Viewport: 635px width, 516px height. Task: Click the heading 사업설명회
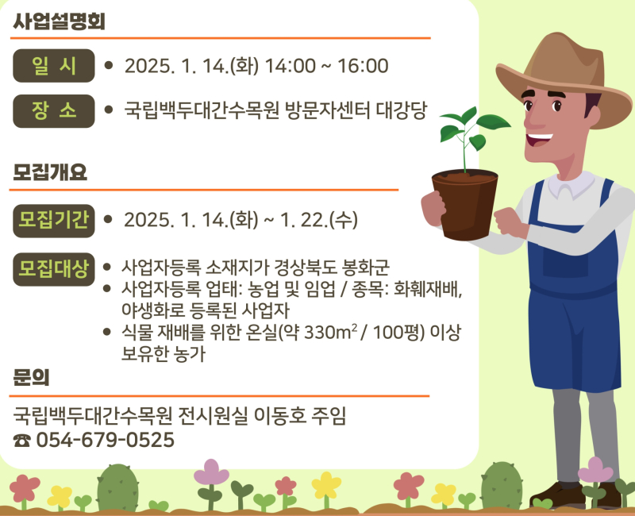pyautogui.click(x=59, y=21)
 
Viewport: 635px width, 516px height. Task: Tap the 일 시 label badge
pyautogui.click(x=54, y=66)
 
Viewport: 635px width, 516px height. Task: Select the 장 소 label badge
pyautogui.click(x=54, y=111)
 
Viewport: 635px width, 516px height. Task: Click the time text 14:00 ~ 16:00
pyautogui.click(x=326, y=66)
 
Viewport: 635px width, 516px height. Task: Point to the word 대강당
pyautogui.click(x=402, y=110)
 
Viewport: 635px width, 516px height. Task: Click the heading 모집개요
pyautogui.click(x=50, y=172)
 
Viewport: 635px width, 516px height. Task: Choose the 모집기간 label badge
pyautogui.click(x=54, y=221)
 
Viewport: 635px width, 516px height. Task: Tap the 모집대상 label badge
pyautogui.click(x=54, y=269)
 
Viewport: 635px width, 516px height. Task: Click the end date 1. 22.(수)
pyautogui.click(x=319, y=220)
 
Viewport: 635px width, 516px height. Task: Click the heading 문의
pyautogui.click(x=31, y=377)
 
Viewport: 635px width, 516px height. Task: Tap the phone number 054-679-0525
pyautogui.click(x=106, y=440)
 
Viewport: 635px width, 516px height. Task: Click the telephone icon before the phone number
pyautogui.click(x=22, y=441)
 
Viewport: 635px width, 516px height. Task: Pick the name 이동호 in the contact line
pyautogui.click(x=280, y=416)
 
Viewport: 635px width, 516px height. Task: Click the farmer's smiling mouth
pyautogui.click(x=539, y=140)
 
